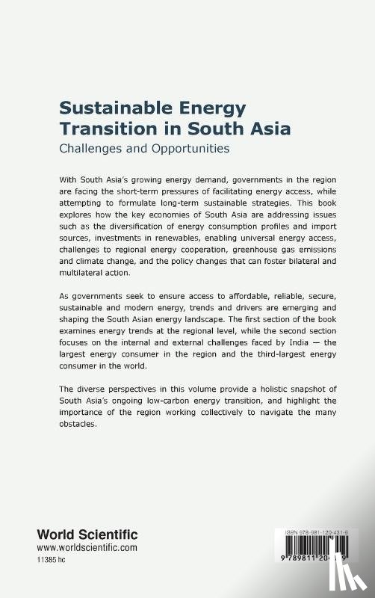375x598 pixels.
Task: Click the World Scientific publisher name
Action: click(88, 534)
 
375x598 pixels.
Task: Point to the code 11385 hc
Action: click(55, 560)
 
